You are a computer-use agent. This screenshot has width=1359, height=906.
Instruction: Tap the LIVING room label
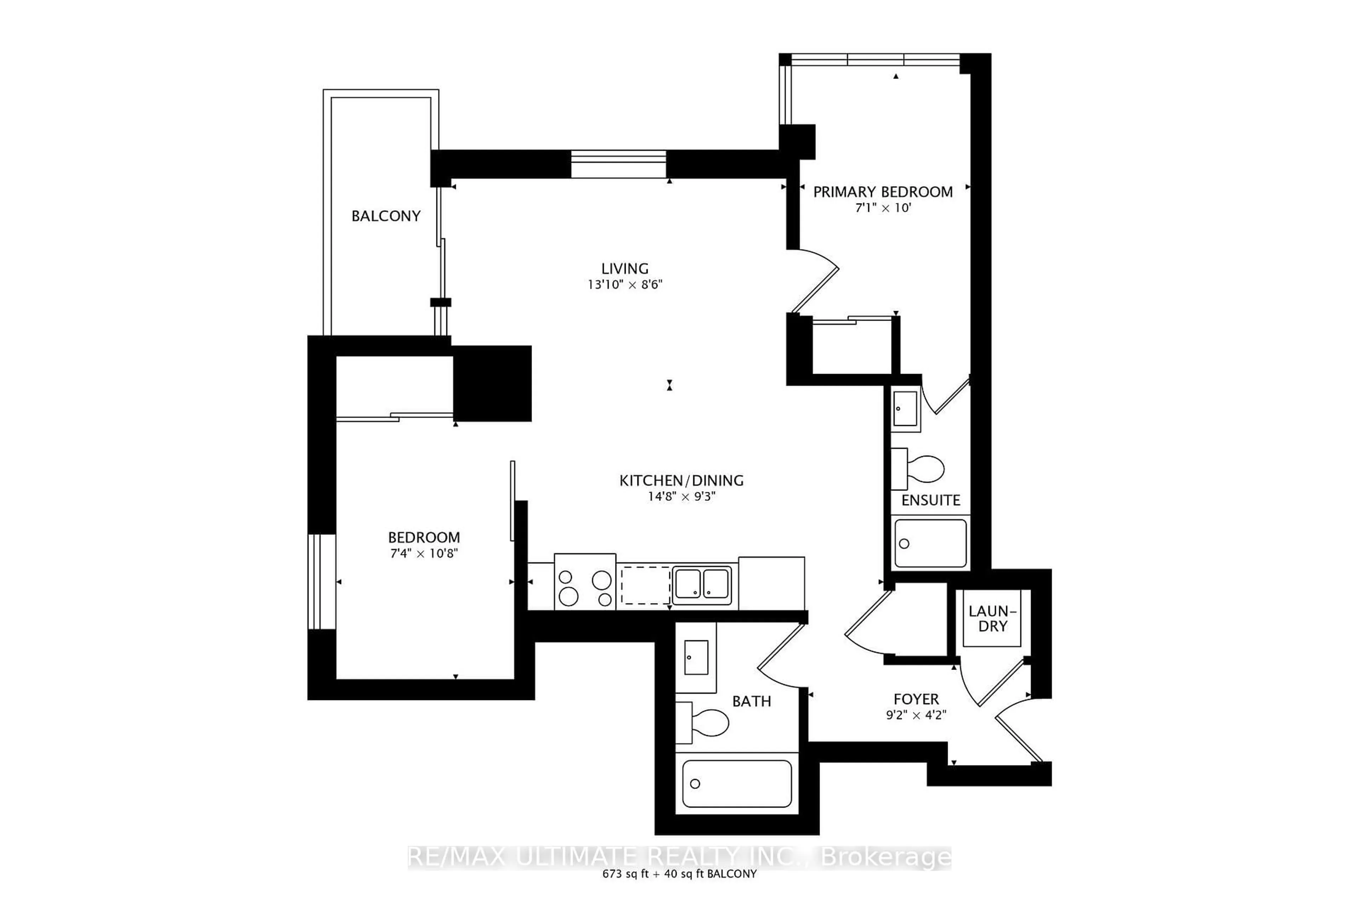pos(625,269)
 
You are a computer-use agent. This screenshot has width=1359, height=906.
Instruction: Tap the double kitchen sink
pos(701,585)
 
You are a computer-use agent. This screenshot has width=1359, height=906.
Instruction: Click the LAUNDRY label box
pos(992,618)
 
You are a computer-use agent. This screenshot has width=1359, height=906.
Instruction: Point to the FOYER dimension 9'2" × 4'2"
pos(916,715)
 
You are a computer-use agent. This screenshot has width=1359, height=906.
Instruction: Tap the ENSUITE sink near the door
pos(905,408)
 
